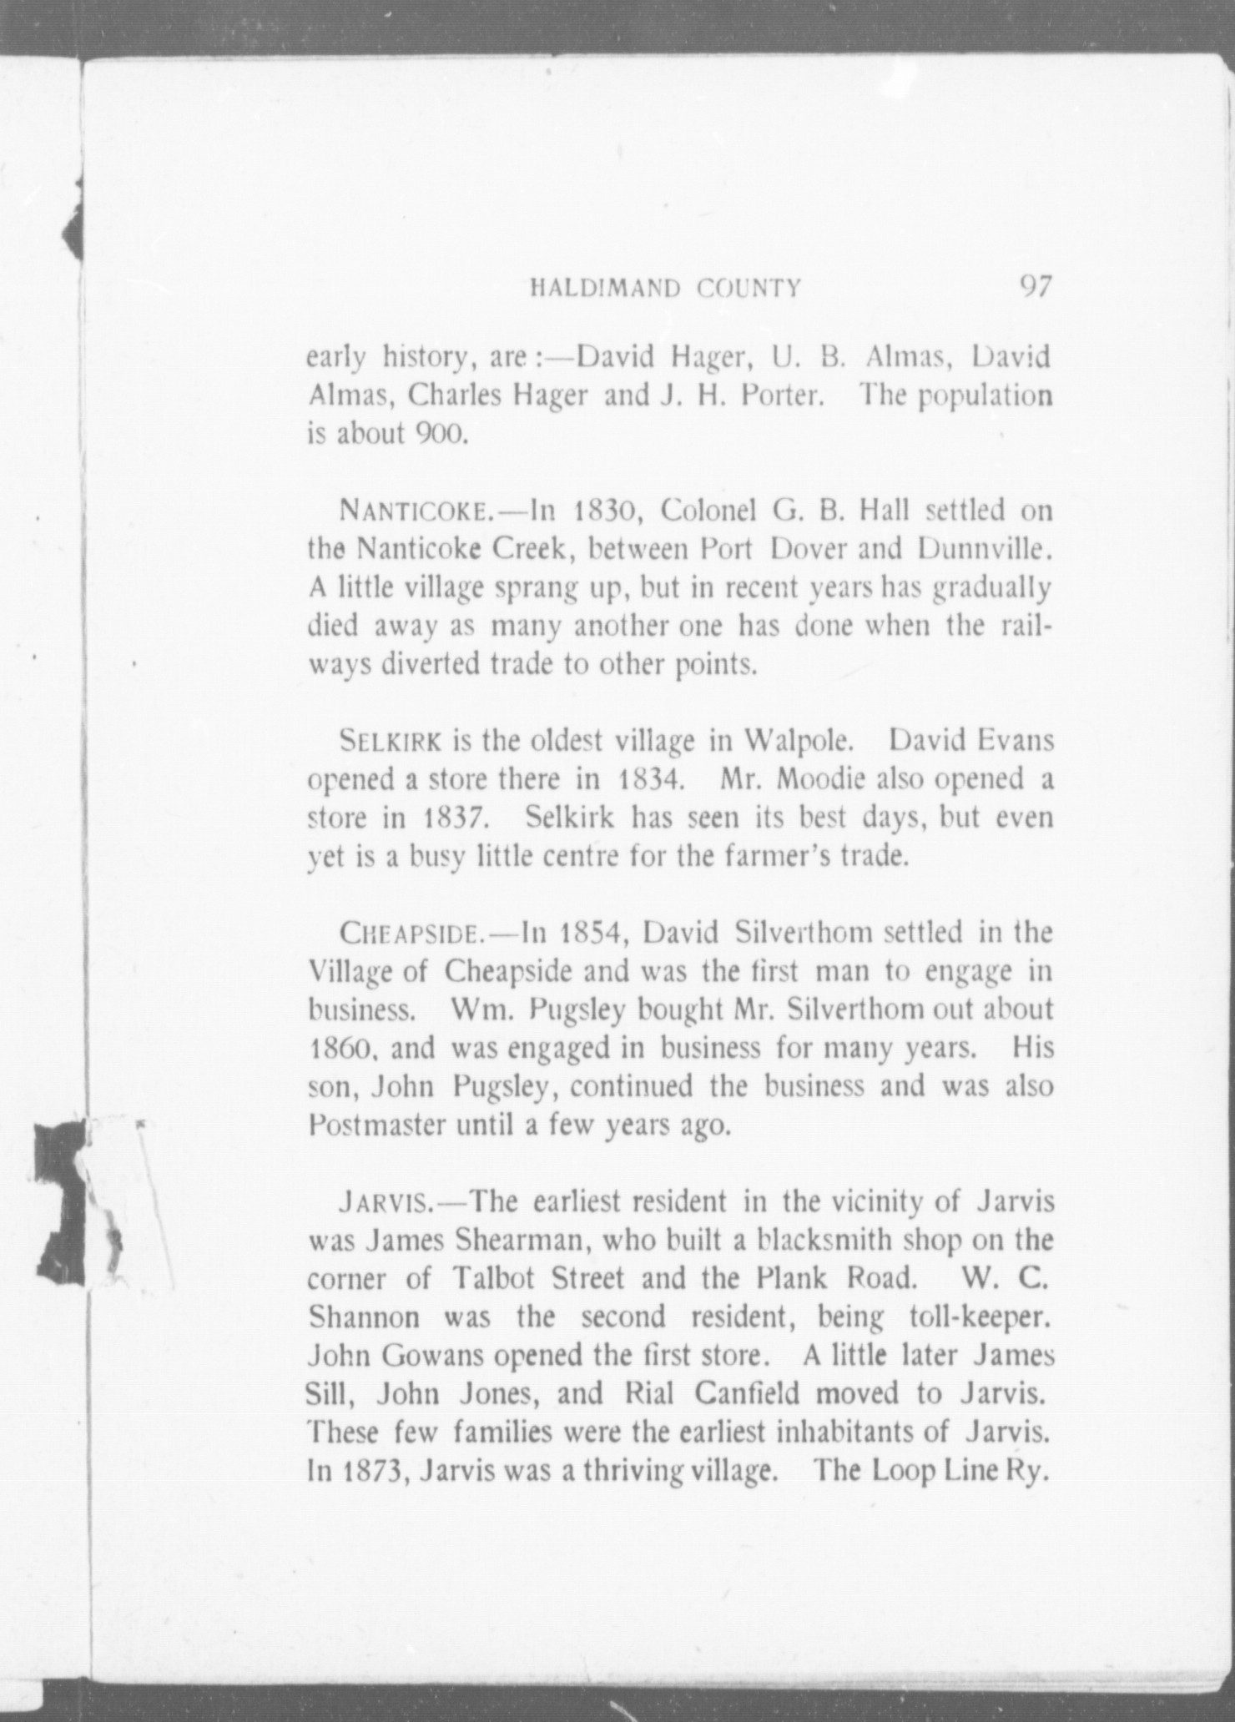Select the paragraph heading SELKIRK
tap(393, 741)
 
